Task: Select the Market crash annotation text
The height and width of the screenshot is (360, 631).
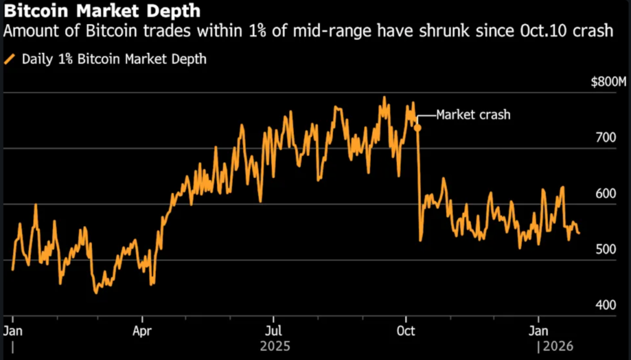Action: pos(473,115)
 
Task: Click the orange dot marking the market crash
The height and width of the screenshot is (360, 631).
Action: pos(417,128)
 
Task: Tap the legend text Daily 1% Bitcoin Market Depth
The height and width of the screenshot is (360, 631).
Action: pos(114,60)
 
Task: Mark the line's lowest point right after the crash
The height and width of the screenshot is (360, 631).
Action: pos(420,240)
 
